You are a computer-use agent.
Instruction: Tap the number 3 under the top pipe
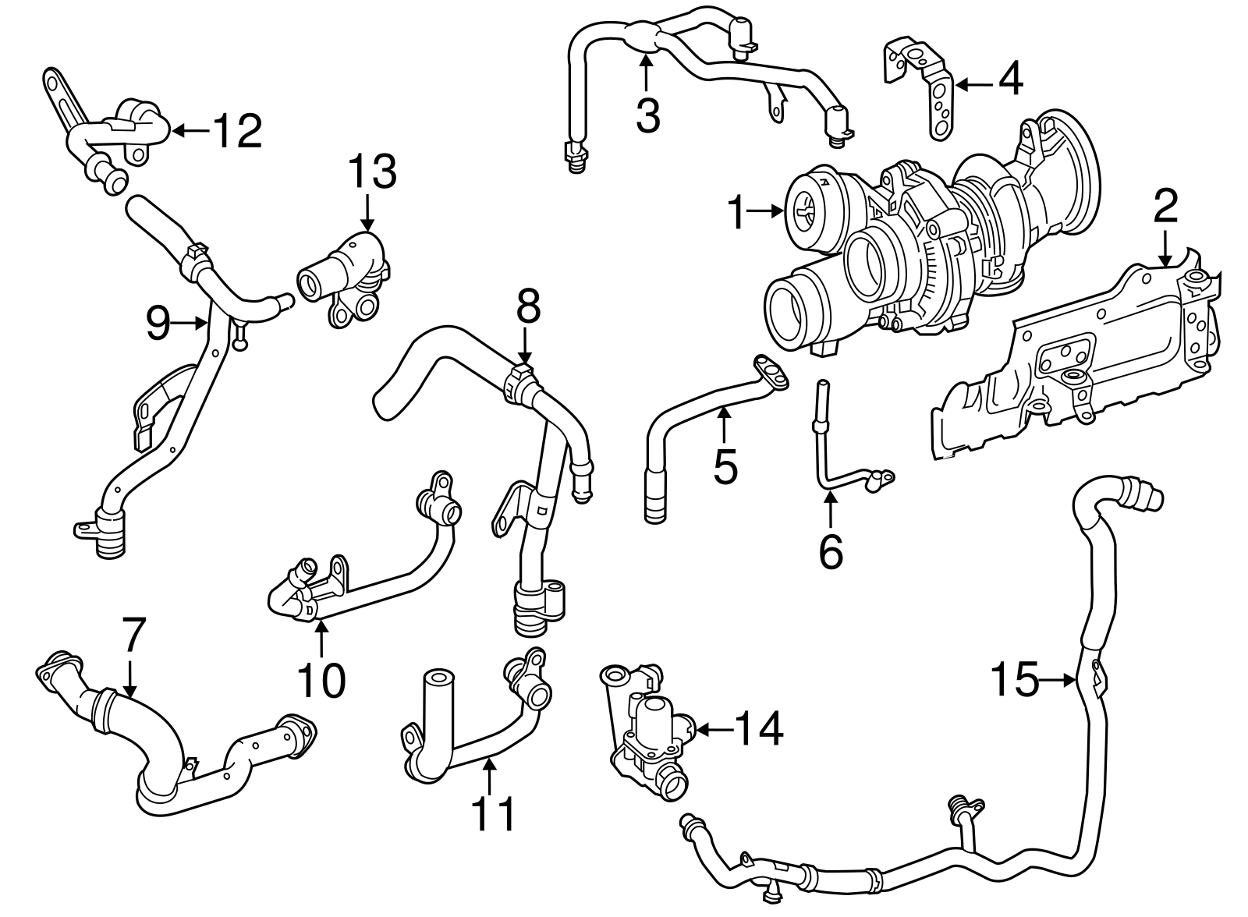tap(647, 115)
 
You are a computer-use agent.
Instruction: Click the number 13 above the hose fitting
tap(372, 173)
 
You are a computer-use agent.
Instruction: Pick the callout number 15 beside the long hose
tap(1015, 679)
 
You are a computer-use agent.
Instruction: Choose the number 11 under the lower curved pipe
tap(495, 813)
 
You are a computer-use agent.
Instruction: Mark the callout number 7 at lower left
tap(133, 635)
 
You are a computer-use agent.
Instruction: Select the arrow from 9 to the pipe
tap(190, 321)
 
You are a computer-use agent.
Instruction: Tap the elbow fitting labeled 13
tap(347, 281)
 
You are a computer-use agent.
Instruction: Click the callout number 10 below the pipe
tap(321, 680)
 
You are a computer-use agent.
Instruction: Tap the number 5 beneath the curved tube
tap(725, 466)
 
